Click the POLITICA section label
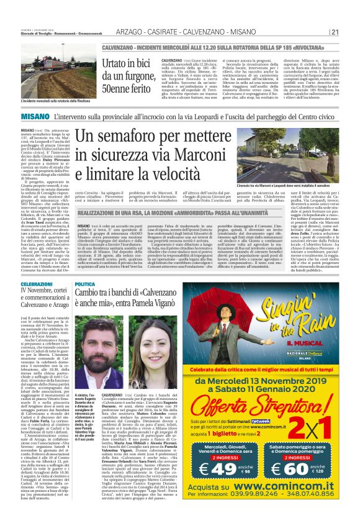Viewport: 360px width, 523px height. (85, 284)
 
